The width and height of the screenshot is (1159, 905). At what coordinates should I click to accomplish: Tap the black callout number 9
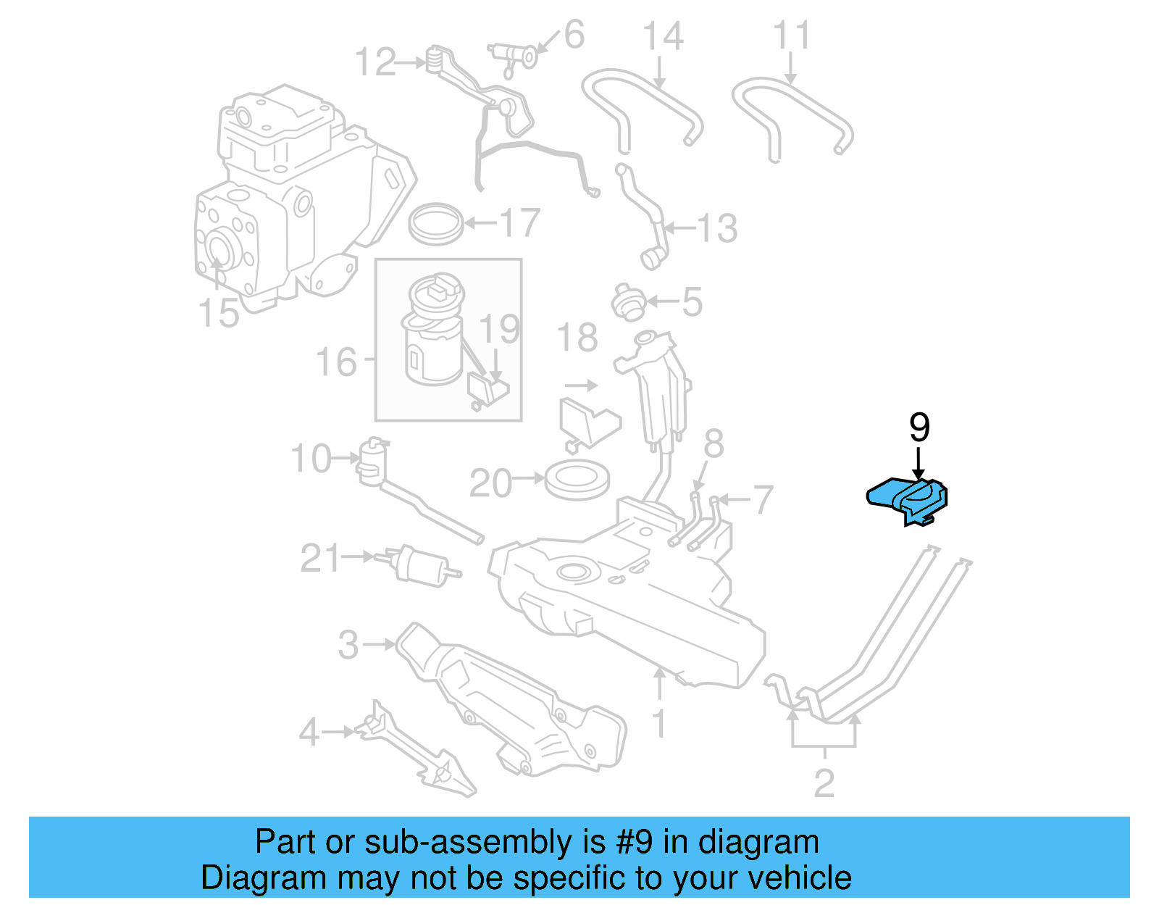(x=919, y=428)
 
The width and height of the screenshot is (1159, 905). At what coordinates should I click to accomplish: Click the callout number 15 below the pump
(x=218, y=313)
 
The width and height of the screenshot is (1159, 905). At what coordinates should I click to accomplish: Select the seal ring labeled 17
(x=435, y=224)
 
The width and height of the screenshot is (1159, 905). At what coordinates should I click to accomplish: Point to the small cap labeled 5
(x=627, y=302)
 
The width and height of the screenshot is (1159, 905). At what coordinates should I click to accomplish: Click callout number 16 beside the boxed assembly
(x=336, y=362)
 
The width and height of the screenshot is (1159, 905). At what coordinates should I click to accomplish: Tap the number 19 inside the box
(x=499, y=329)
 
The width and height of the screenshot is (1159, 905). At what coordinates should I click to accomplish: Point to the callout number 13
(x=716, y=228)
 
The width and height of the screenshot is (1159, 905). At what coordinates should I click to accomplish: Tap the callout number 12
(x=375, y=62)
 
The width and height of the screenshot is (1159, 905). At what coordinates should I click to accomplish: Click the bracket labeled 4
(x=417, y=754)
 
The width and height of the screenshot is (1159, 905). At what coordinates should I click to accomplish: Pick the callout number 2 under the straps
(x=824, y=783)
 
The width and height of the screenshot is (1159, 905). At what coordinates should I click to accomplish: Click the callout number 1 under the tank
(x=658, y=724)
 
